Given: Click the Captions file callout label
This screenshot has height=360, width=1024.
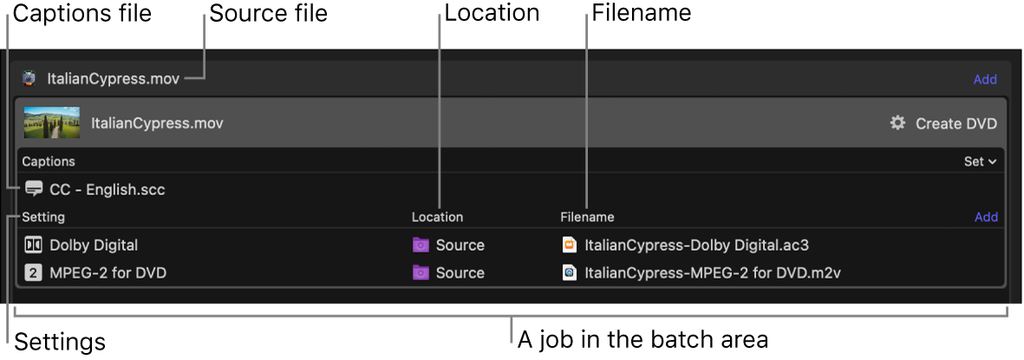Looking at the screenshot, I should click(82, 13).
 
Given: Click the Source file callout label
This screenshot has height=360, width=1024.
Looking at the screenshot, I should click(268, 13).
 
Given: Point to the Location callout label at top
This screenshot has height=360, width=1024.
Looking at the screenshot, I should click(492, 13).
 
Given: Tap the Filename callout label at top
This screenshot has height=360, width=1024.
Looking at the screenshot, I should click(642, 13).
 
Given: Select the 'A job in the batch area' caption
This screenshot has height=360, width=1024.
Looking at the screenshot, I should click(642, 338).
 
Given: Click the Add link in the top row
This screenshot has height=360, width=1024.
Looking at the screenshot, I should click(985, 79).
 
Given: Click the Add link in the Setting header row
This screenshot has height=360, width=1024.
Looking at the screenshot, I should click(986, 217).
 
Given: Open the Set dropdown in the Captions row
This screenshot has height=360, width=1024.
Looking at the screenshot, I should click(980, 161).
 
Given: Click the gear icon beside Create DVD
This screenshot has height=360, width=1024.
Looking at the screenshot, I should click(897, 123).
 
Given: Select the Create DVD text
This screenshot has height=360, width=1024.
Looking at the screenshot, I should click(956, 123).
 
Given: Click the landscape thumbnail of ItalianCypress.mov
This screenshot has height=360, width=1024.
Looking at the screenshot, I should click(52, 123).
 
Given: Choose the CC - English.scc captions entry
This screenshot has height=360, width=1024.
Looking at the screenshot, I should click(107, 189).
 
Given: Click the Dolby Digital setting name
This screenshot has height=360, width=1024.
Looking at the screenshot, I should click(94, 245).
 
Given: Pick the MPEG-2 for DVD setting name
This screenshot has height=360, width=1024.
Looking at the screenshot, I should click(108, 272).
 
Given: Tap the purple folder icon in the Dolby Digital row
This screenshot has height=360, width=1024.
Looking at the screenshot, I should click(421, 245).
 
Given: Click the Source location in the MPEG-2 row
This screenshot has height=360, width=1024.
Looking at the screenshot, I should click(460, 272).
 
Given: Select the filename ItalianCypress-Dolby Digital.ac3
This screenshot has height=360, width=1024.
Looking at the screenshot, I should click(696, 245).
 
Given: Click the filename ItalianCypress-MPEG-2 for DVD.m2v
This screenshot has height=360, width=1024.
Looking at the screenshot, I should click(713, 272).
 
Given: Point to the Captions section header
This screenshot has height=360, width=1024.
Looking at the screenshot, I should click(49, 161).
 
